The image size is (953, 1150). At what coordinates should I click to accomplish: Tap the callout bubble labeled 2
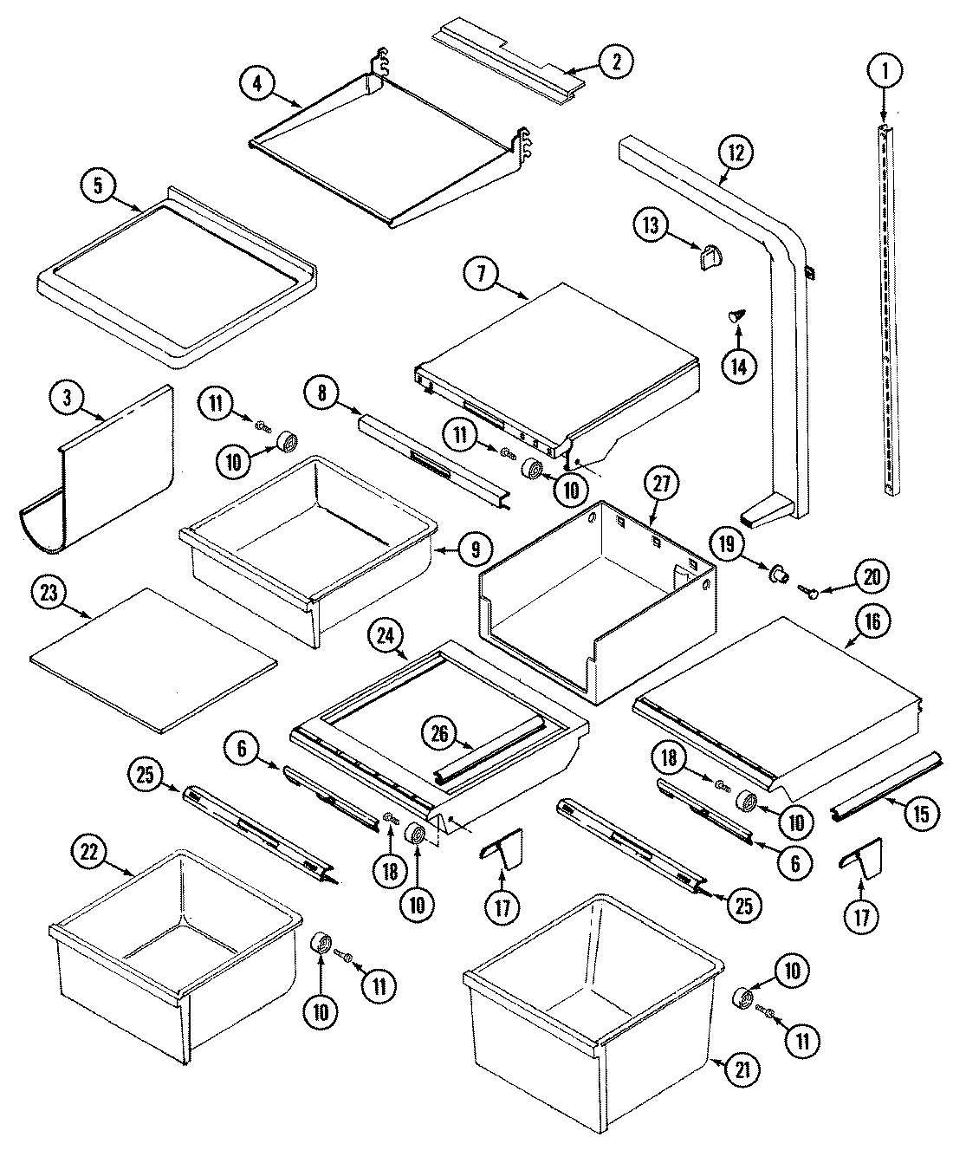615,61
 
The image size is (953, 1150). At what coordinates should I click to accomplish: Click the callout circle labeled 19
726,545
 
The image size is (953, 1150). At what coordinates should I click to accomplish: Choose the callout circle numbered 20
872,576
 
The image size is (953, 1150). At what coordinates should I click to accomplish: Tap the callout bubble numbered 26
439,732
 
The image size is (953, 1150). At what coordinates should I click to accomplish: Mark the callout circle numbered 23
49,594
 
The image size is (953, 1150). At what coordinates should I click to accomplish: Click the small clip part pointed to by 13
710,257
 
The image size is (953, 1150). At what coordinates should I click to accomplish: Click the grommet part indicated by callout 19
779,572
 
